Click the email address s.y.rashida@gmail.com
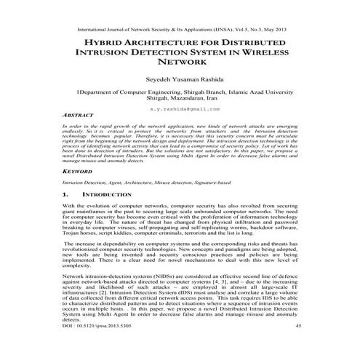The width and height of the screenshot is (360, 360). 180,108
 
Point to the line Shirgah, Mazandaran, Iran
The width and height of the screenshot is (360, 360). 180,100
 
